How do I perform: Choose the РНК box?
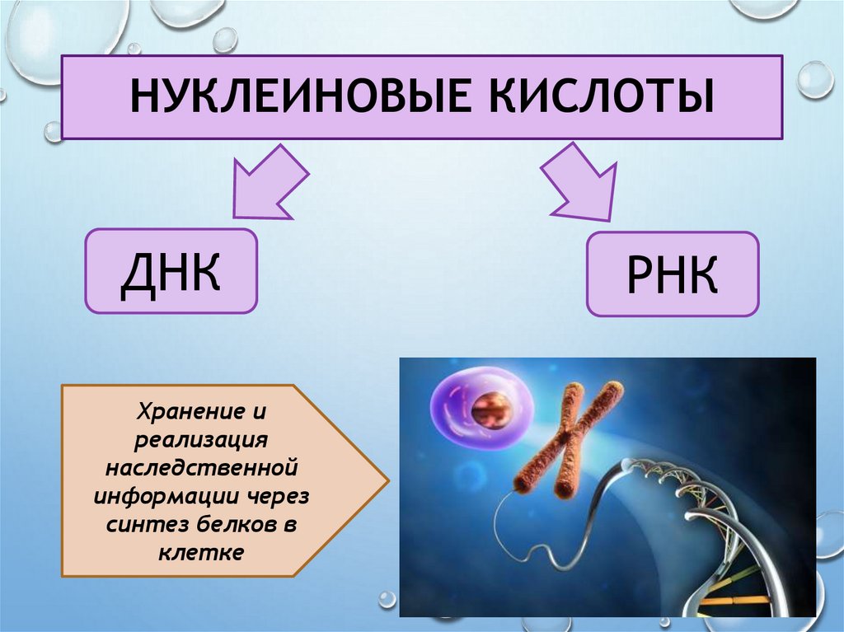[672, 274]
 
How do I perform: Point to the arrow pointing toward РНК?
[580, 181]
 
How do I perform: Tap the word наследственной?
[201, 467]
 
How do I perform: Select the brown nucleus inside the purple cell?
[492, 410]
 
